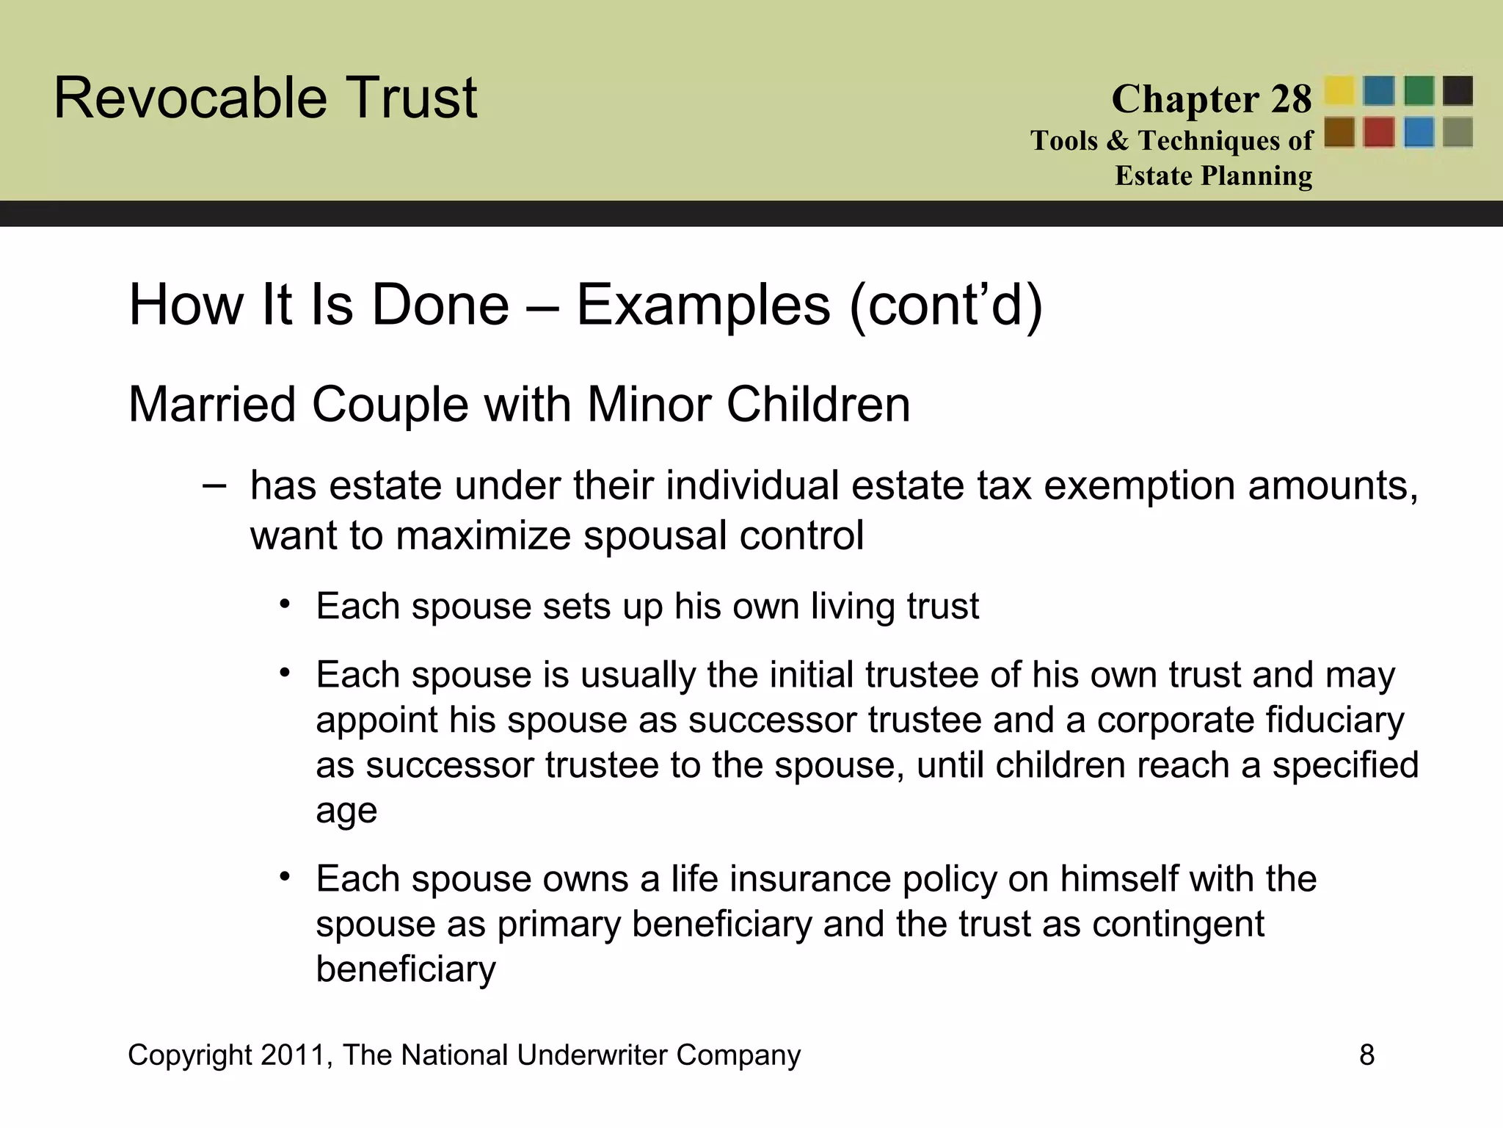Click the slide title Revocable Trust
click(x=265, y=98)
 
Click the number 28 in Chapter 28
click(x=1291, y=99)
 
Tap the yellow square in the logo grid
click(x=1339, y=91)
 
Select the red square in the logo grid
click(x=1379, y=133)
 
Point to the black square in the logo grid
click(x=1457, y=91)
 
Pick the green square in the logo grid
click(x=1419, y=91)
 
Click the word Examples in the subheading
click(x=703, y=305)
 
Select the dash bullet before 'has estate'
click(x=214, y=486)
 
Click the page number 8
click(x=1366, y=1055)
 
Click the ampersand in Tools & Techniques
click(x=1118, y=140)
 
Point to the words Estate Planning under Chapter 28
click(x=1214, y=176)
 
